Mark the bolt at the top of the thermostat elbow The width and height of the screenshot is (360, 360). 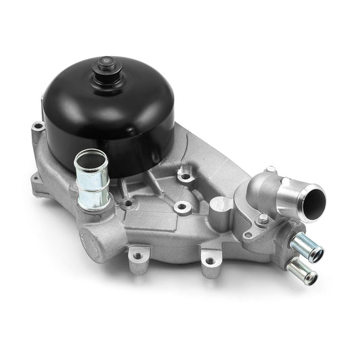pyautogui.click(x=270, y=170)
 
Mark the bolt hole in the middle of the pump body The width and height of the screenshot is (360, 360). pyautogui.click(x=180, y=206)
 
